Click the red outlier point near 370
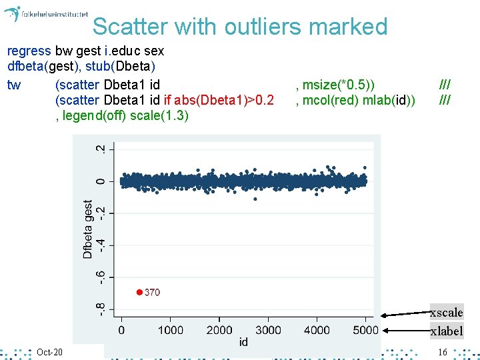point(139,292)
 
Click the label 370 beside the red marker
point(152,292)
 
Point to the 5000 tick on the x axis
point(365,330)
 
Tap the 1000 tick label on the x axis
point(170,330)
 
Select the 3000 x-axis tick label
point(268,330)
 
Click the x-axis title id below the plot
point(243,342)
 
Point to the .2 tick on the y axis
point(100,149)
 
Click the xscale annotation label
point(446,313)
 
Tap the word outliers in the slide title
point(264,27)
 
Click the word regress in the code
point(29,51)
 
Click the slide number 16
point(442,352)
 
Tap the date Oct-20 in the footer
point(49,352)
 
